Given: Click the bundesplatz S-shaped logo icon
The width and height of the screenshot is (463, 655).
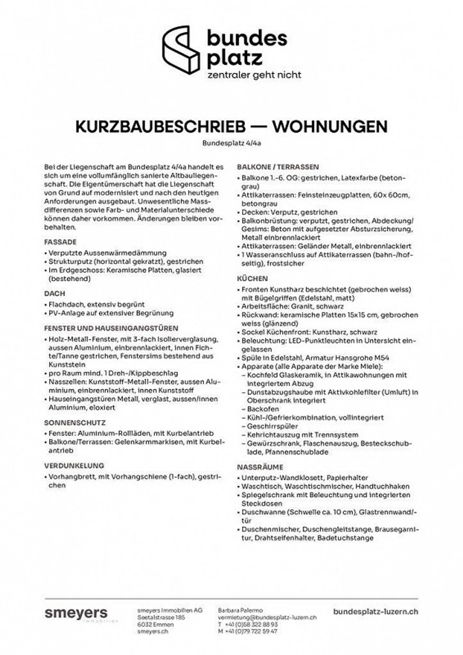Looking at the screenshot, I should [x=182, y=50].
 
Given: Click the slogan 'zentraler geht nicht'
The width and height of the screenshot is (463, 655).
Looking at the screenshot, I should [x=254, y=75].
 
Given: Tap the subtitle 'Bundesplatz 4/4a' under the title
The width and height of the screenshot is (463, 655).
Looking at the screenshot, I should [x=232, y=143].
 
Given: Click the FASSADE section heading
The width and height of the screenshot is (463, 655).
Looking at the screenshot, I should [x=60, y=242].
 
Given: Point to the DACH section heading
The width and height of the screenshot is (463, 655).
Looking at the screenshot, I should [x=55, y=294].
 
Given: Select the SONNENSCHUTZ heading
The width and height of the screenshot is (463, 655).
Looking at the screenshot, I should [x=75, y=423].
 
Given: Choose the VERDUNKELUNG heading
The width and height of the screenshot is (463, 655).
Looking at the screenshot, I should [x=74, y=465].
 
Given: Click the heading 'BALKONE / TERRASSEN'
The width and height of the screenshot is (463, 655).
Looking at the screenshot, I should [x=278, y=167].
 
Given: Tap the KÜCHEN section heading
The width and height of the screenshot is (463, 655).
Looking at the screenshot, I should [x=252, y=278].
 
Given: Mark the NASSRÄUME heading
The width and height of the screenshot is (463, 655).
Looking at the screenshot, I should [x=260, y=467].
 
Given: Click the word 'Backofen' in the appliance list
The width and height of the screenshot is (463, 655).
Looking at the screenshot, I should [x=263, y=409].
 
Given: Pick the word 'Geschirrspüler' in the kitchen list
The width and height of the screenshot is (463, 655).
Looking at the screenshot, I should [x=272, y=426].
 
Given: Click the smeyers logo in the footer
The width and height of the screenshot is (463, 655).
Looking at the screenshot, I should [x=77, y=613].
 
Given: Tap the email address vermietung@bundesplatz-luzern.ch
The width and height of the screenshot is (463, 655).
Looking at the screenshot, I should [x=267, y=617].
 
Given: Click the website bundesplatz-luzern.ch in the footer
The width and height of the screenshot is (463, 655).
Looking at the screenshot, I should [x=376, y=612].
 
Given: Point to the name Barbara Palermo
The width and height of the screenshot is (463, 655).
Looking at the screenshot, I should [x=240, y=610].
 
